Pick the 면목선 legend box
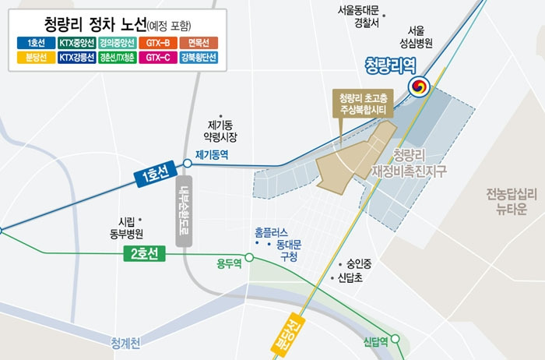(199, 42)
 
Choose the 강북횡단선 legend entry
(199, 57)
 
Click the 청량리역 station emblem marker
(419, 87)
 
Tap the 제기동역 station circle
(187, 164)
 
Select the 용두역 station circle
(249, 256)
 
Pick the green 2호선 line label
(145, 254)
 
